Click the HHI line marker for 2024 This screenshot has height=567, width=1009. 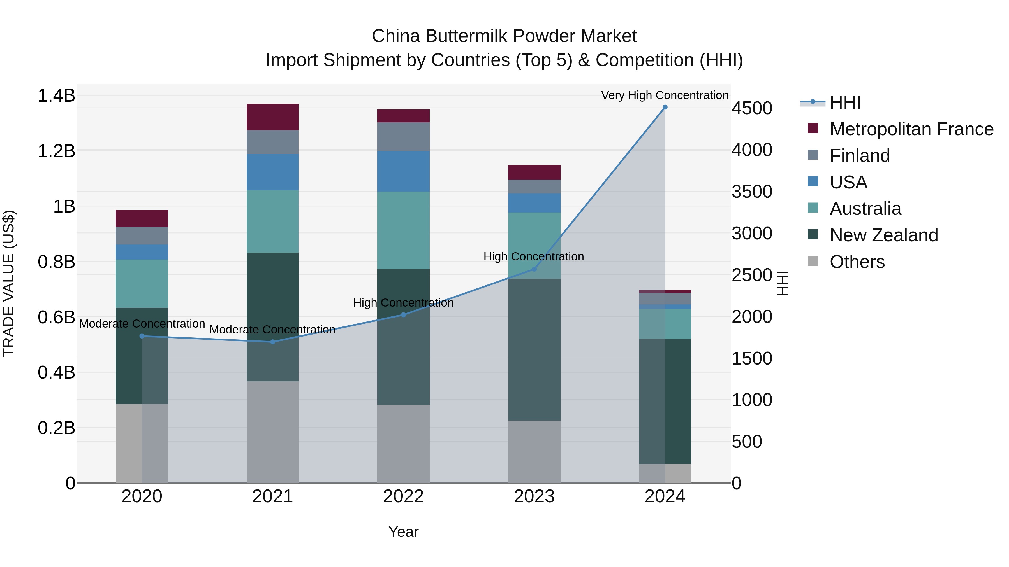[665, 107]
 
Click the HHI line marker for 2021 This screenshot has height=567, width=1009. [273, 342]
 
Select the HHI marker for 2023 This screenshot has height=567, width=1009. [534, 269]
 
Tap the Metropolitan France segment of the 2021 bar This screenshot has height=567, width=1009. [273, 117]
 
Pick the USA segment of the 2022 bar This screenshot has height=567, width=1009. [403, 171]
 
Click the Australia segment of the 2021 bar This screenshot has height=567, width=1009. [273, 221]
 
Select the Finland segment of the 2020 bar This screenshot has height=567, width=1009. [142, 235]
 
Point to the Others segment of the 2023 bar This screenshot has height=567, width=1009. [534, 452]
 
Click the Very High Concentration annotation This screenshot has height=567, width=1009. [665, 95]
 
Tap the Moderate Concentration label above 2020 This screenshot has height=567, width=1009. [142, 324]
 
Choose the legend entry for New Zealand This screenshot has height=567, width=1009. [884, 235]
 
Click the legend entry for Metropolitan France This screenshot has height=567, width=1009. [911, 129]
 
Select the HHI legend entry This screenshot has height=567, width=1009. [845, 102]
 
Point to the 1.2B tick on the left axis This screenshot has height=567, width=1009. [56, 151]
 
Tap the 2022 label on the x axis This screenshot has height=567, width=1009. [403, 496]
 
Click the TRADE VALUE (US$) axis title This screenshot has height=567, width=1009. [9, 283]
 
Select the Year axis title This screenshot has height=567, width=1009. [403, 532]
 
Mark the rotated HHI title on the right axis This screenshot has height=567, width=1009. [782, 283]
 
